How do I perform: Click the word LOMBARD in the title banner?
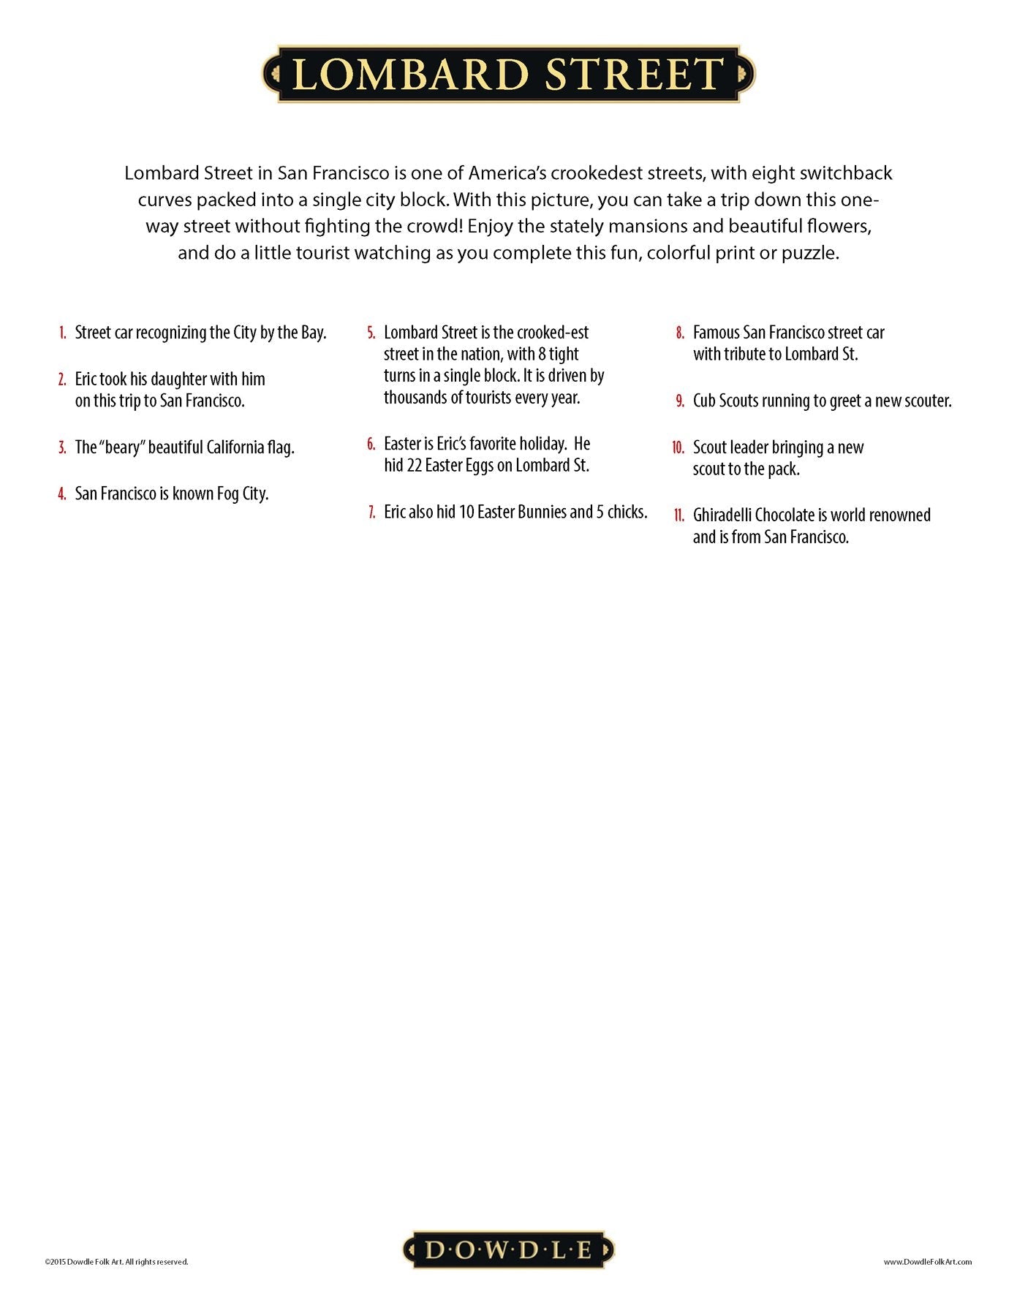click(x=410, y=75)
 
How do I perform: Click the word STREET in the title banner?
click(x=635, y=75)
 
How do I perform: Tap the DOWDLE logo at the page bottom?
click(x=509, y=1249)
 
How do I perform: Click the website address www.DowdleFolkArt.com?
click(x=927, y=1261)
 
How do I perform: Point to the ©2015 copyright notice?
click(x=116, y=1261)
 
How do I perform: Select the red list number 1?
click(x=63, y=333)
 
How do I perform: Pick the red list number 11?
click(x=678, y=515)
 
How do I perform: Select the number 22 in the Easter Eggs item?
click(x=414, y=466)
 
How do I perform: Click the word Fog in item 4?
click(x=227, y=494)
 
